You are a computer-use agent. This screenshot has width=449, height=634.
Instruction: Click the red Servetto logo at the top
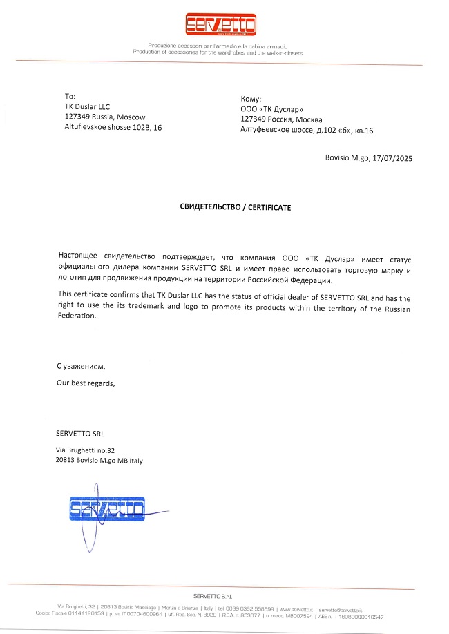220,26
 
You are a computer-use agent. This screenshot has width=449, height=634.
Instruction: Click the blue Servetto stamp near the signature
107,510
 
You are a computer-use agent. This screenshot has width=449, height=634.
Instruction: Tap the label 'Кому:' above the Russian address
250,99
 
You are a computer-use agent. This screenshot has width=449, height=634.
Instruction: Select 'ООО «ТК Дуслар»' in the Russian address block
271,110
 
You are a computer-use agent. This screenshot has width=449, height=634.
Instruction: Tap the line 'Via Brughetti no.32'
86,450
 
